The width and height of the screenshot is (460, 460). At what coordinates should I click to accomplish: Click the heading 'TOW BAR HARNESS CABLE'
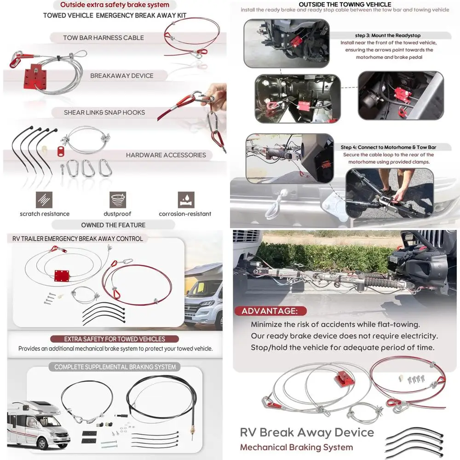(x=103, y=38)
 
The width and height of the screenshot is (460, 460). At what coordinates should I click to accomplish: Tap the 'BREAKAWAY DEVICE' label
(x=122, y=75)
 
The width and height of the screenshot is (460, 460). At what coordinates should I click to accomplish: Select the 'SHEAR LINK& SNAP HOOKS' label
(x=104, y=112)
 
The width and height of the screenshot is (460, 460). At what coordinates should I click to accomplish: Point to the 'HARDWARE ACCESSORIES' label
(x=166, y=155)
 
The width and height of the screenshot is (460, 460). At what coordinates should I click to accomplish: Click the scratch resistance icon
(x=45, y=200)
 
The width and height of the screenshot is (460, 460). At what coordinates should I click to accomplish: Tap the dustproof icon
(x=118, y=200)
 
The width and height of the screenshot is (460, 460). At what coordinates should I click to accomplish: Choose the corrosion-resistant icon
(x=185, y=200)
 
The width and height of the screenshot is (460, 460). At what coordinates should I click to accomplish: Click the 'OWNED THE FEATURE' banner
(x=113, y=225)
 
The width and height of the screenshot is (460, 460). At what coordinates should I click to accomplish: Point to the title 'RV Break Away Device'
(x=307, y=432)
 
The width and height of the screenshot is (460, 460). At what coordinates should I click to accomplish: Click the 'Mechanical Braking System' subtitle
(x=297, y=447)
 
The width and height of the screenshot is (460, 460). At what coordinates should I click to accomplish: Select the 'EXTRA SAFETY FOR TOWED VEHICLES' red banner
(x=115, y=339)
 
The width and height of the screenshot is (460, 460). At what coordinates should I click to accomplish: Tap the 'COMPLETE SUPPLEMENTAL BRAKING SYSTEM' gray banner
(x=115, y=367)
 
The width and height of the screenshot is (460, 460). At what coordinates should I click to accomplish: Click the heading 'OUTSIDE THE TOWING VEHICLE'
(x=345, y=4)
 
